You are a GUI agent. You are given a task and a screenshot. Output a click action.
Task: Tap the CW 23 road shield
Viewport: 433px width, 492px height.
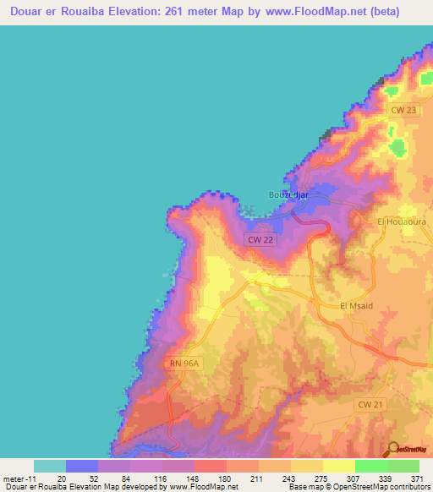[x=405, y=111]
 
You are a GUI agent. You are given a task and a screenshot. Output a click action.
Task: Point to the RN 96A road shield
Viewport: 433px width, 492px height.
[x=183, y=364]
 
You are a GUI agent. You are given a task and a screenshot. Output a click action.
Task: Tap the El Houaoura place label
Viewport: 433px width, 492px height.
[x=399, y=221]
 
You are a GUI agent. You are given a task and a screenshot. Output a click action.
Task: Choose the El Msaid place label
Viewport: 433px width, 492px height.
[x=355, y=306]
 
